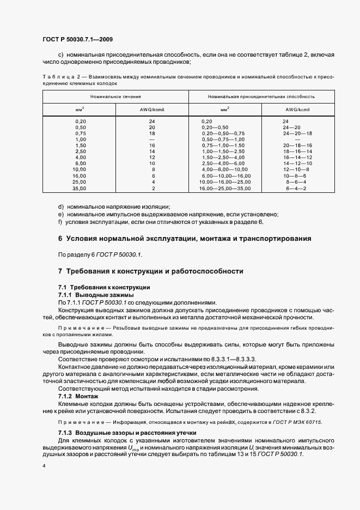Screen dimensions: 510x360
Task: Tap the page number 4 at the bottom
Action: point(44,466)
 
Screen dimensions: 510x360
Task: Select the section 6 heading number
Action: point(60,239)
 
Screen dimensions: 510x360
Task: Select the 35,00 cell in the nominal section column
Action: point(81,188)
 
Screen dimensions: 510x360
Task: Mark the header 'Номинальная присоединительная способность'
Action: point(261,96)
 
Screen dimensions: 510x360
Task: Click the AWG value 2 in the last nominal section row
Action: point(154,188)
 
